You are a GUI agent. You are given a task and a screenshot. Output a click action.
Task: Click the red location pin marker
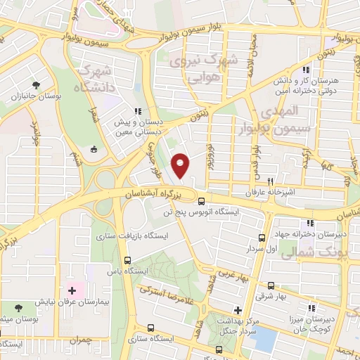[x=181, y=165]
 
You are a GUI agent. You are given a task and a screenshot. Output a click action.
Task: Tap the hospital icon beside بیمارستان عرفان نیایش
[x=73, y=290]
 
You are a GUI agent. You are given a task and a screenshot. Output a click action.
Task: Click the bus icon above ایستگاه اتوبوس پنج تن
[x=184, y=202]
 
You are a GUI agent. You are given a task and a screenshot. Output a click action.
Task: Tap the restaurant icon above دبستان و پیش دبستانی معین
[x=138, y=111]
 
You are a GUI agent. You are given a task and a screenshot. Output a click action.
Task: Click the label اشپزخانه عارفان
[x=263, y=191]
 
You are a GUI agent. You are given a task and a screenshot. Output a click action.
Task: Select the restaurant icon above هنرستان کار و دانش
[x=304, y=70]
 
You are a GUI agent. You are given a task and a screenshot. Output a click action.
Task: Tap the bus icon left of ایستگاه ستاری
[x=153, y=328]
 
